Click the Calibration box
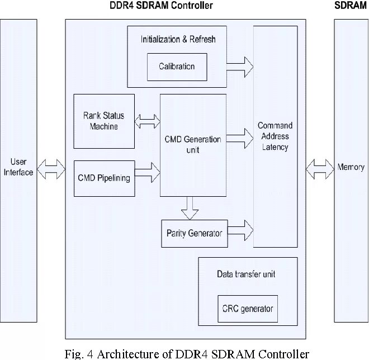click(177, 67)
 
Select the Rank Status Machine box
click(104, 121)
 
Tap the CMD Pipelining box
click(104, 178)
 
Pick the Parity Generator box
click(195, 234)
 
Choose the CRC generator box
click(248, 309)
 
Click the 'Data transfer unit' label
click(246, 274)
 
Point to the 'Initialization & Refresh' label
click(178, 39)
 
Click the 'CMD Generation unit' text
click(193, 144)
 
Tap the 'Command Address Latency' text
click(275, 136)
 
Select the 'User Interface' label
click(18, 167)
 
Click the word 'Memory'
click(351, 167)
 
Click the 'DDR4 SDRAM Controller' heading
click(161, 5)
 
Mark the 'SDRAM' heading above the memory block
click(351, 5)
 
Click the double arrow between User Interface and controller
click(51, 169)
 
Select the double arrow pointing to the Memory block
click(320, 169)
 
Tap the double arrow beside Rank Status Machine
click(147, 121)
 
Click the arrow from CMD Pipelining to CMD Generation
click(148, 173)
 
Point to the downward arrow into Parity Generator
click(190, 208)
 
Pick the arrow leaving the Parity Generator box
click(240, 230)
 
